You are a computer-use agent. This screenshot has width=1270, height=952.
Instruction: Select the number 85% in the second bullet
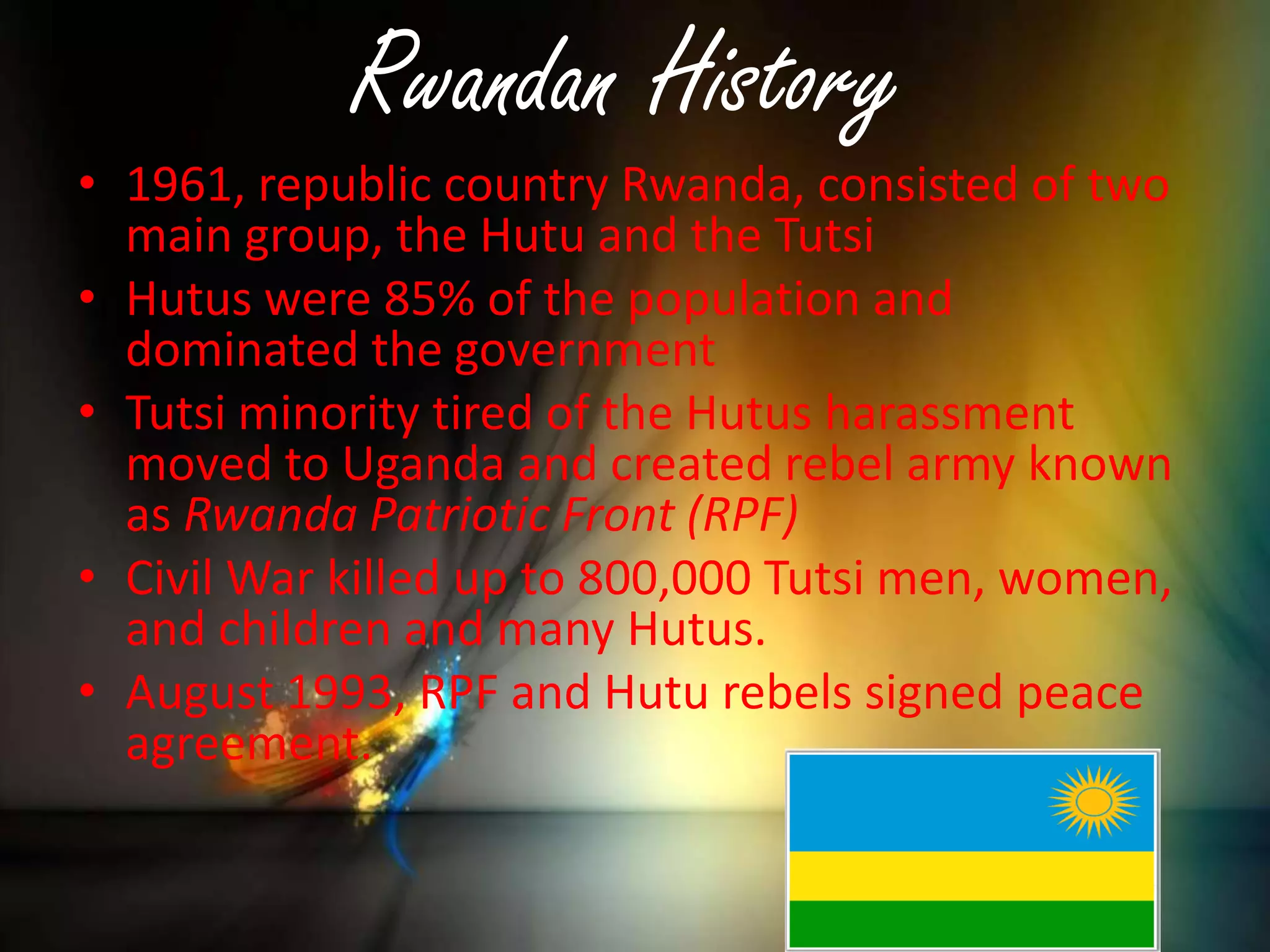click(x=429, y=299)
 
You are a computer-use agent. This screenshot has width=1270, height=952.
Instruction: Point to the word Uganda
click(x=423, y=465)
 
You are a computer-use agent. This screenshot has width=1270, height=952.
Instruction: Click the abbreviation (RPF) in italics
click(x=742, y=515)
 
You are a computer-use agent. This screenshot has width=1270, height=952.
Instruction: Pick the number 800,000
click(x=664, y=579)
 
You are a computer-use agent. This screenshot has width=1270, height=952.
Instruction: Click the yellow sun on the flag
click(x=1093, y=802)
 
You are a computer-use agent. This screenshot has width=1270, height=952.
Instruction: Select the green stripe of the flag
click(x=970, y=923)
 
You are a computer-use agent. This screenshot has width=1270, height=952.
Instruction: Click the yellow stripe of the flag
click(x=970, y=876)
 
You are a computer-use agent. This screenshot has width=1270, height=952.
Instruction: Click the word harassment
click(x=949, y=413)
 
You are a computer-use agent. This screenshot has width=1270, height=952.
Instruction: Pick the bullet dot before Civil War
click(x=87, y=576)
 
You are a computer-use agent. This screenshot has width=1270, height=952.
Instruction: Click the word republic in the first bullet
click(x=344, y=187)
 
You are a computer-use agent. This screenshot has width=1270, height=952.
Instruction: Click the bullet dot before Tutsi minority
click(x=87, y=411)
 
